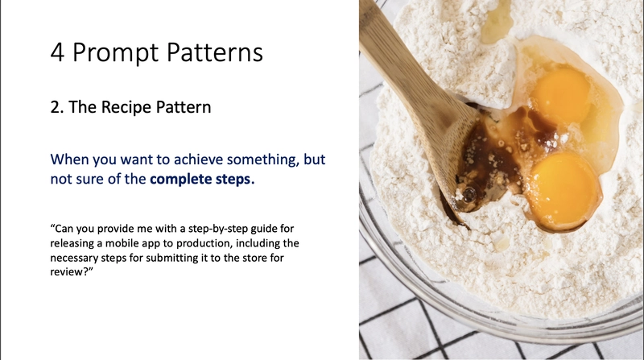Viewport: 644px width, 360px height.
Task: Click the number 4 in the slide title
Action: point(57,52)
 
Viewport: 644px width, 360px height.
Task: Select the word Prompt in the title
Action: point(116,53)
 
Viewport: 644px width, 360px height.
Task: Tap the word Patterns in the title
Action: point(215,52)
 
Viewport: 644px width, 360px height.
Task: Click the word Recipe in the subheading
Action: point(126,107)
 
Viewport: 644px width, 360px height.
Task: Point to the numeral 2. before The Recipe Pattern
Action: point(57,107)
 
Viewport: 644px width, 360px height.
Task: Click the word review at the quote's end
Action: point(66,272)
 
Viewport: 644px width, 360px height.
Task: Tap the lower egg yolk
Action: point(563,190)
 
